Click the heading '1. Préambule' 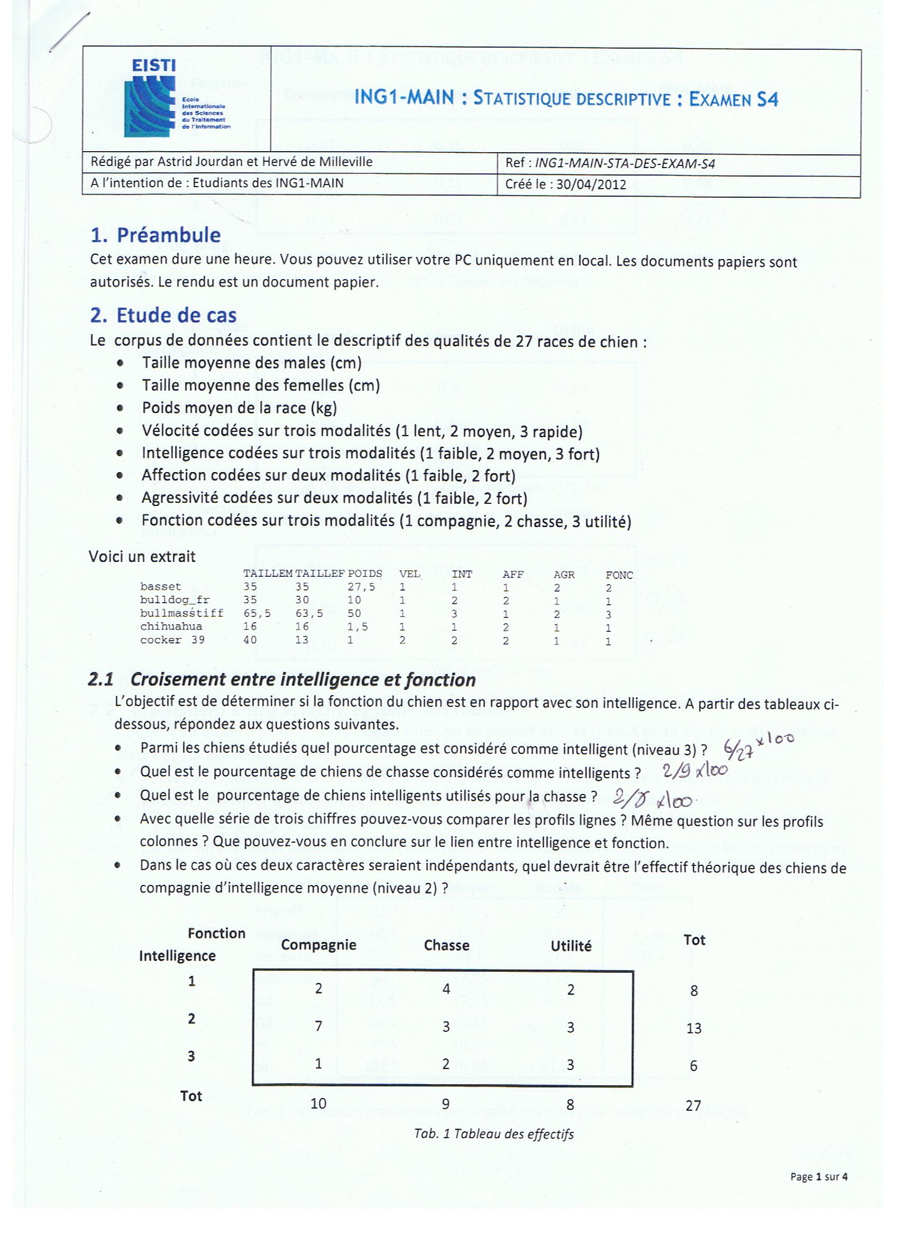(155, 235)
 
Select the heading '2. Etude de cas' (163, 315)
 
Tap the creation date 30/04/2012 (591, 184)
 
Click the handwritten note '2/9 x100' (695, 771)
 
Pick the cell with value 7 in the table (318, 1027)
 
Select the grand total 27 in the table (693, 1105)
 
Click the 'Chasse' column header (446, 945)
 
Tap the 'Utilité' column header (571, 946)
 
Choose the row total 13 (693, 1028)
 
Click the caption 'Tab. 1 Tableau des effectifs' (494, 1134)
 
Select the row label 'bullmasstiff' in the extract (181, 613)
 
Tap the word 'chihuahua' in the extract (171, 626)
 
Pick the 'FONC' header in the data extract (619, 575)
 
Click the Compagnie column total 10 (318, 1104)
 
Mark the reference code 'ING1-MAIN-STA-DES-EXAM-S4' (625, 163)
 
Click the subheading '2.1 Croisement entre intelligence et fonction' (281, 679)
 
